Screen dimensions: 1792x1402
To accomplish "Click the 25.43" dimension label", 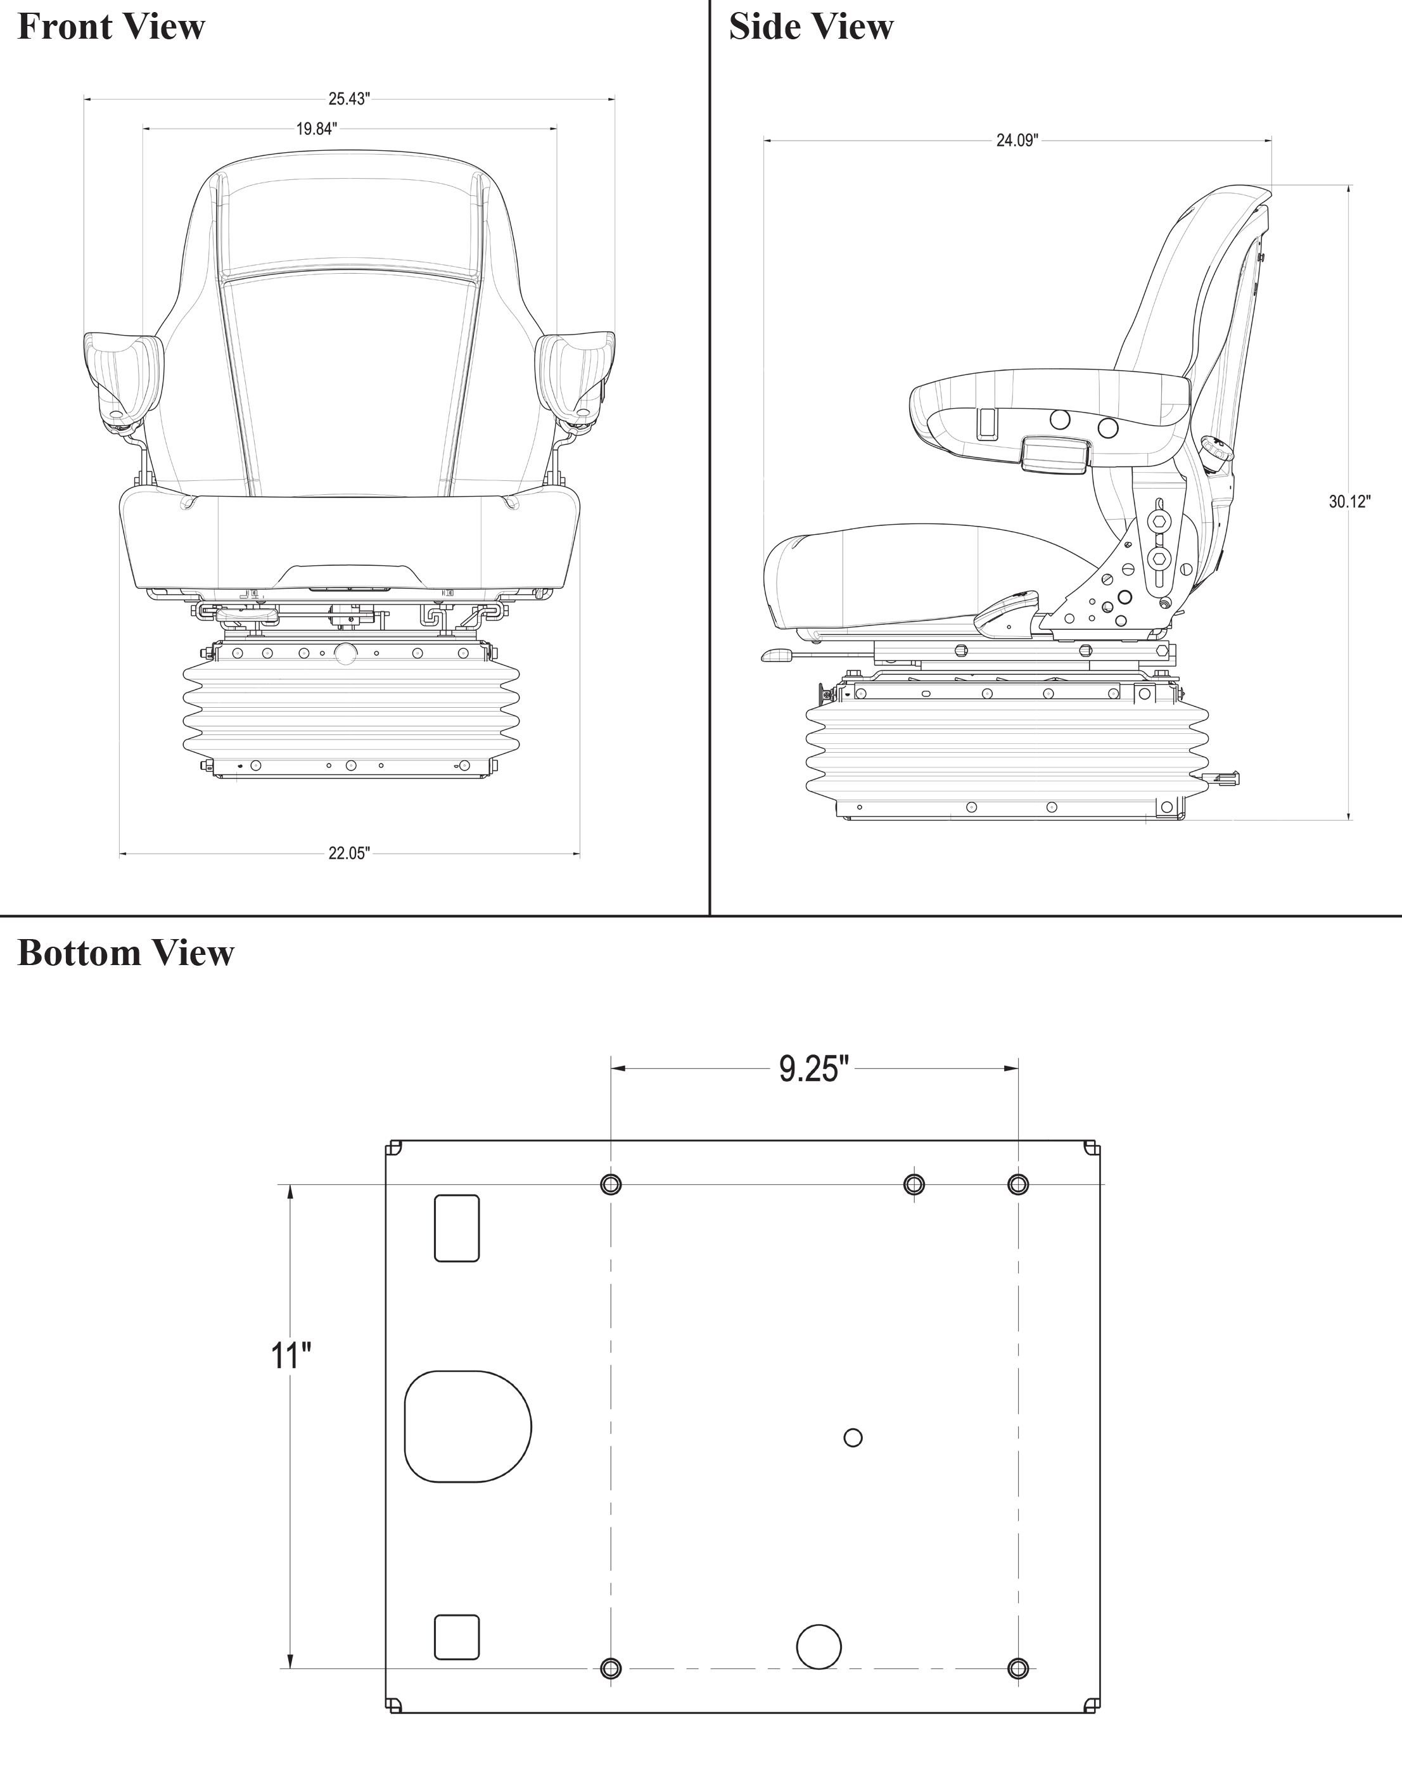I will click(349, 99).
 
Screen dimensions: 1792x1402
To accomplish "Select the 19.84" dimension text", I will click(316, 129).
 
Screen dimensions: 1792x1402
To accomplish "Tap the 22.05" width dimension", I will click(349, 854).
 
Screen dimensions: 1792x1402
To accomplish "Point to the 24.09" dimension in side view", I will click(1017, 141).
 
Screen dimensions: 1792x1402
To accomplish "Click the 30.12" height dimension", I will click(1349, 502).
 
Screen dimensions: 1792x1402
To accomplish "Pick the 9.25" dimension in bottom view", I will click(813, 1070).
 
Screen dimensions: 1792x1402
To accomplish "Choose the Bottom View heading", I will click(125, 953).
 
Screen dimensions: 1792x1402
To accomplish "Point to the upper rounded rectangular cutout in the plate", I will click(456, 1227).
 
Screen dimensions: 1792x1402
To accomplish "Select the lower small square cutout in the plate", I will click(456, 1637).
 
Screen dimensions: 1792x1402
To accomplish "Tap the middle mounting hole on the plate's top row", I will click(914, 1184).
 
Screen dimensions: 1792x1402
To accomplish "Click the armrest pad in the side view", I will click(1050, 392).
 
